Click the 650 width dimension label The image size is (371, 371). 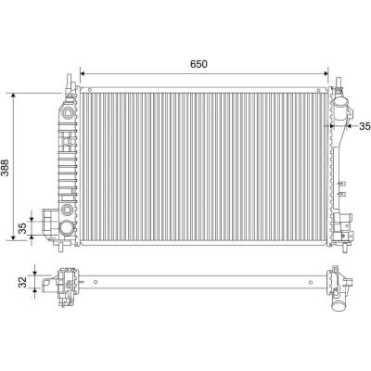[198, 64]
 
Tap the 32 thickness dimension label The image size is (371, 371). [22, 282]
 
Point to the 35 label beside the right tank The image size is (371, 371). [365, 126]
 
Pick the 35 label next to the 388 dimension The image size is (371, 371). [22, 228]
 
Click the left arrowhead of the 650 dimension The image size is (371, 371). [83, 73]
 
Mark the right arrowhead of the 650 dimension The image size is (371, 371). [326, 73]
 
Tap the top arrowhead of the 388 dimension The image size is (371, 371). [13, 96]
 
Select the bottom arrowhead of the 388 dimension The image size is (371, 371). [13, 237]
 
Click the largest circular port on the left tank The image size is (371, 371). [66, 228]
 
